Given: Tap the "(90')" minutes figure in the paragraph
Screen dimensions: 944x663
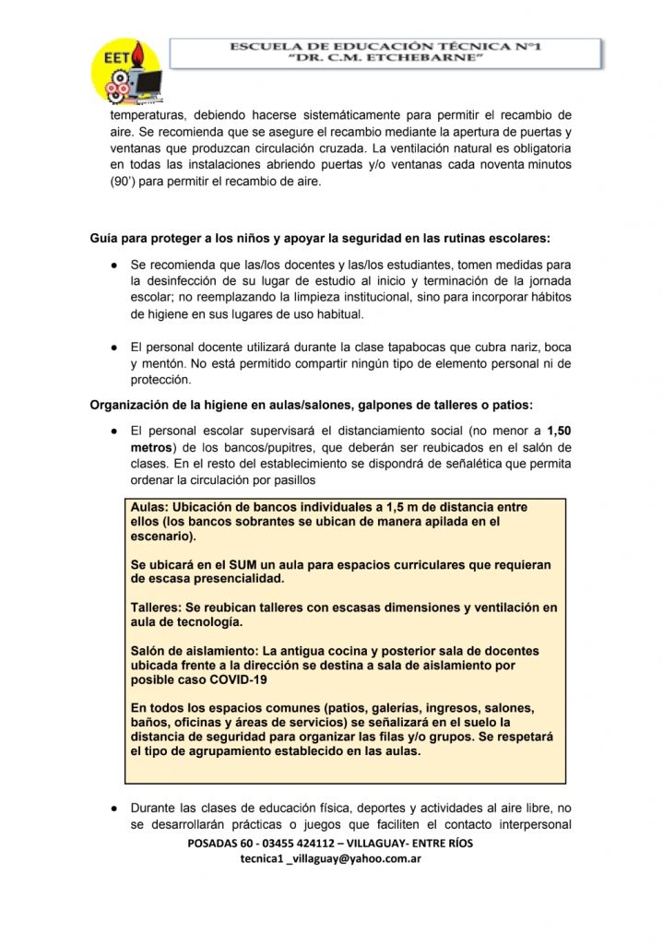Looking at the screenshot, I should click(x=126, y=182).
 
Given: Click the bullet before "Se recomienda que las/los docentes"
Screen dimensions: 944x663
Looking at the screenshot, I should click(x=112, y=265).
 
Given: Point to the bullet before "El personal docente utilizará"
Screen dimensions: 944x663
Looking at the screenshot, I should click(x=112, y=347).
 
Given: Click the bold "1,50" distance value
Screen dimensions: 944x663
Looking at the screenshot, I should click(x=559, y=431).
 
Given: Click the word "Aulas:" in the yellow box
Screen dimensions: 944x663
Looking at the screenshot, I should click(x=149, y=508).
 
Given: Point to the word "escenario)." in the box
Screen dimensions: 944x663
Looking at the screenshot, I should click(x=163, y=536).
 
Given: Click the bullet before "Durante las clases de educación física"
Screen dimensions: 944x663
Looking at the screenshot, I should click(x=112, y=808).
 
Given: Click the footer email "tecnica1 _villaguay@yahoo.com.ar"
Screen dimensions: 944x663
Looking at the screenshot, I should click(x=331, y=858).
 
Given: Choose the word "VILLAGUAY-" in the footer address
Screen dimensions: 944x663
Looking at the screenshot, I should click(x=391, y=844).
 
